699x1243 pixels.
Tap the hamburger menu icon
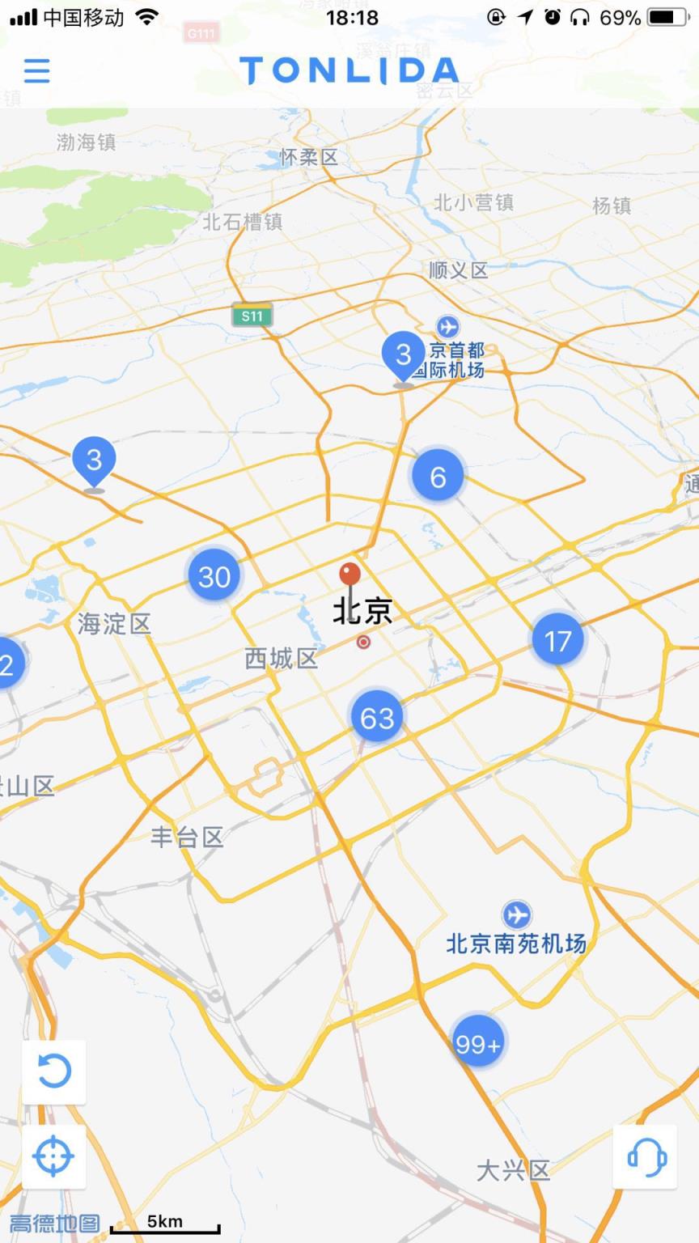click(x=37, y=70)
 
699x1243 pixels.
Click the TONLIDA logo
click(x=349, y=71)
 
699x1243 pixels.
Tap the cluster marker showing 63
click(x=377, y=717)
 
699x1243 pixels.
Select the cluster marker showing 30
click(x=214, y=576)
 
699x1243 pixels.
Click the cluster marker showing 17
click(x=557, y=641)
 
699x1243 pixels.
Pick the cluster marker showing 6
click(x=438, y=476)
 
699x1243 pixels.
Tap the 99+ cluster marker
click(x=477, y=1043)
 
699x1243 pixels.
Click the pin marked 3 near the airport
click(x=403, y=354)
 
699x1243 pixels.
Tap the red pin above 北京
click(x=349, y=575)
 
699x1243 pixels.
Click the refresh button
click(x=54, y=1071)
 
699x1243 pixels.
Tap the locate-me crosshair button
click(x=54, y=1156)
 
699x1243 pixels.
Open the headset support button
click(x=646, y=1156)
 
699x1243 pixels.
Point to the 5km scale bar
click(x=165, y=1225)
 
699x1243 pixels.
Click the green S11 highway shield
click(x=252, y=316)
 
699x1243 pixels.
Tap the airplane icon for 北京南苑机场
click(x=516, y=915)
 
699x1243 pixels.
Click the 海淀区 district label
click(x=114, y=623)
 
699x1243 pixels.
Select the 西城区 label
click(x=281, y=658)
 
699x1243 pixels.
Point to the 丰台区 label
click(x=187, y=837)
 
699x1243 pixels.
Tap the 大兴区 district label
click(x=513, y=1170)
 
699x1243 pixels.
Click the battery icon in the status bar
click(x=668, y=17)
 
